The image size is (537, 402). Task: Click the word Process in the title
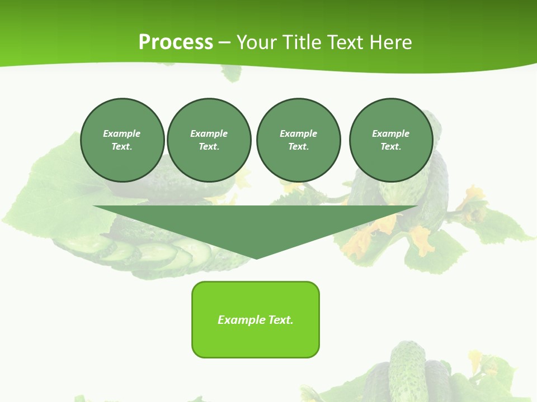point(176,42)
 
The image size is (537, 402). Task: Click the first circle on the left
point(122,140)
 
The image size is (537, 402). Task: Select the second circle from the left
point(209,140)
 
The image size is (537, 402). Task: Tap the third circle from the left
point(298,140)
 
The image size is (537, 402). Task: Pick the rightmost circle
point(391,140)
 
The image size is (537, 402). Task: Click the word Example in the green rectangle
point(242,320)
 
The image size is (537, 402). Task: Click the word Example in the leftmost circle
point(122,133)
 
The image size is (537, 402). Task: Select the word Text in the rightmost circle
point(390,147)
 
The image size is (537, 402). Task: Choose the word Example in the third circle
point(298,133)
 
